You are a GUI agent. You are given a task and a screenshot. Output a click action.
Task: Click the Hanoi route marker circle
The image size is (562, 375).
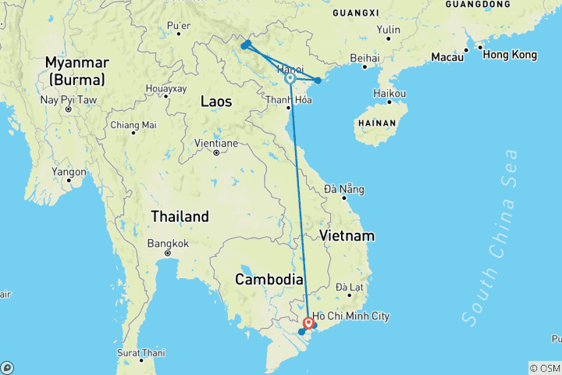click(290, 78)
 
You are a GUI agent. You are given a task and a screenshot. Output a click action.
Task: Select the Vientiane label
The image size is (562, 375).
click(216, 143)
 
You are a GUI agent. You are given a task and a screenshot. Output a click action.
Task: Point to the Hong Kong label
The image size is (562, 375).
click(510, 55)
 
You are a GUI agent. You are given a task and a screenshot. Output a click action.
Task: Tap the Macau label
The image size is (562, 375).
click(446, 58)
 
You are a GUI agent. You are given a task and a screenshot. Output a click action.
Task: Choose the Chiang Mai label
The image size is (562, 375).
click(133, 125)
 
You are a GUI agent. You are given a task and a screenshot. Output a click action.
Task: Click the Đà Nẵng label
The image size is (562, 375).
click(344, 189)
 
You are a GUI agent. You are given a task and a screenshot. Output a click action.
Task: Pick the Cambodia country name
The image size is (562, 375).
click(269, 279)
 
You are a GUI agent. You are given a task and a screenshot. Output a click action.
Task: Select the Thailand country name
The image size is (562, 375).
click(180, 216)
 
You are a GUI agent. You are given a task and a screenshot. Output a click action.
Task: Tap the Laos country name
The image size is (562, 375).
click(216, 101)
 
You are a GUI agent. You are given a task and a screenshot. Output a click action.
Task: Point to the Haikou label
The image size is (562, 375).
click(389, 94)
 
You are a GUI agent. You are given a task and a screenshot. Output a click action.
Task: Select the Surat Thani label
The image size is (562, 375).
click(141, 353)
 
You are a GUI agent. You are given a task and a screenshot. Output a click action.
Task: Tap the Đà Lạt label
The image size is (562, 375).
click(350, 287)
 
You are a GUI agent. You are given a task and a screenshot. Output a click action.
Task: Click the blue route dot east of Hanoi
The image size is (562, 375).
click(318, 80)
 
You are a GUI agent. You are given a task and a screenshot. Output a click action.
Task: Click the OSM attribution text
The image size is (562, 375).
click(545, 368)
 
